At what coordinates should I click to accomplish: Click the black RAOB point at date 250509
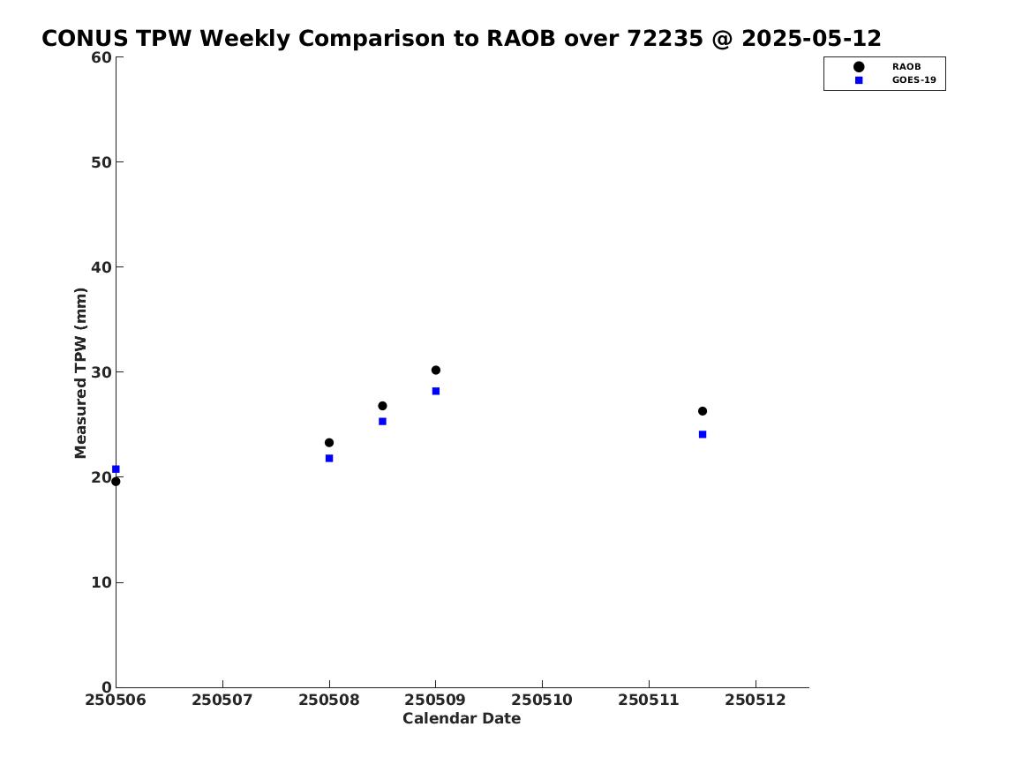point(435,371)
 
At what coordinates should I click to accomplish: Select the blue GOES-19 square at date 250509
point(435,391)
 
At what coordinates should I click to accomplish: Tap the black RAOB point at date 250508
point(329,442)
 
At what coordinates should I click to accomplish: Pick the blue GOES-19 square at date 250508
point(329,458)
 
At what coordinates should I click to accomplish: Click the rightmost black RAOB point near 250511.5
point(703,411)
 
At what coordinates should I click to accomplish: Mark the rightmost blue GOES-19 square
point(703,434)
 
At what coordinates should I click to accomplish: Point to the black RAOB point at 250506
point(116,481)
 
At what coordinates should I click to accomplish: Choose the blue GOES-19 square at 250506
point(116,469)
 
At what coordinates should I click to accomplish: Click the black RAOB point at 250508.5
point(382,406)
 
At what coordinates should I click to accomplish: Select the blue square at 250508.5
point(382,422)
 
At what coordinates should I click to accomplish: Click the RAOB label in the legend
point(906,66)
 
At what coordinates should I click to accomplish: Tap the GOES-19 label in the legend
point(913,80)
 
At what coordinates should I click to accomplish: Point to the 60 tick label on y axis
point(101,57)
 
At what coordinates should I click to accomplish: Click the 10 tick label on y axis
point(101,582)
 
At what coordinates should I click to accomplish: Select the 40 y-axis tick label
point(101,267)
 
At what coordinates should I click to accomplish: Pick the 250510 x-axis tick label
point(542,700)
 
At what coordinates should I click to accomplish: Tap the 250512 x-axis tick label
point(756,700)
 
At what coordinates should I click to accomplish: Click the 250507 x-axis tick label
point(222,700)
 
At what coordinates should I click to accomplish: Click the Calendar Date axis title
point(462,719)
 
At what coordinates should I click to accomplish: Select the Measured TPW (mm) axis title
point(81,372)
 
